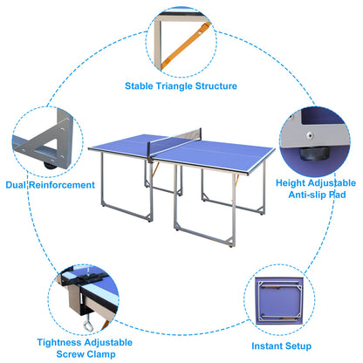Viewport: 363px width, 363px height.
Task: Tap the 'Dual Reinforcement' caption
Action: point(50,185)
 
